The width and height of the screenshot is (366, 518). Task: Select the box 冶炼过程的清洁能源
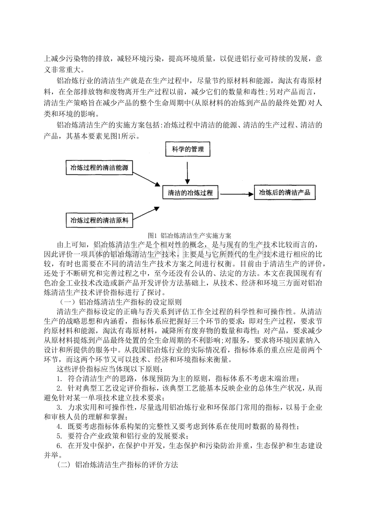(99, 167)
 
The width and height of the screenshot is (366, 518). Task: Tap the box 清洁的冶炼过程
(190, 193)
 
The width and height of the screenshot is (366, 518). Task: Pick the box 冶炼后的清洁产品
(284, 193)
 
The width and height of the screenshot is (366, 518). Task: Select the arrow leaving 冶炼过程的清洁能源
(147, 179)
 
